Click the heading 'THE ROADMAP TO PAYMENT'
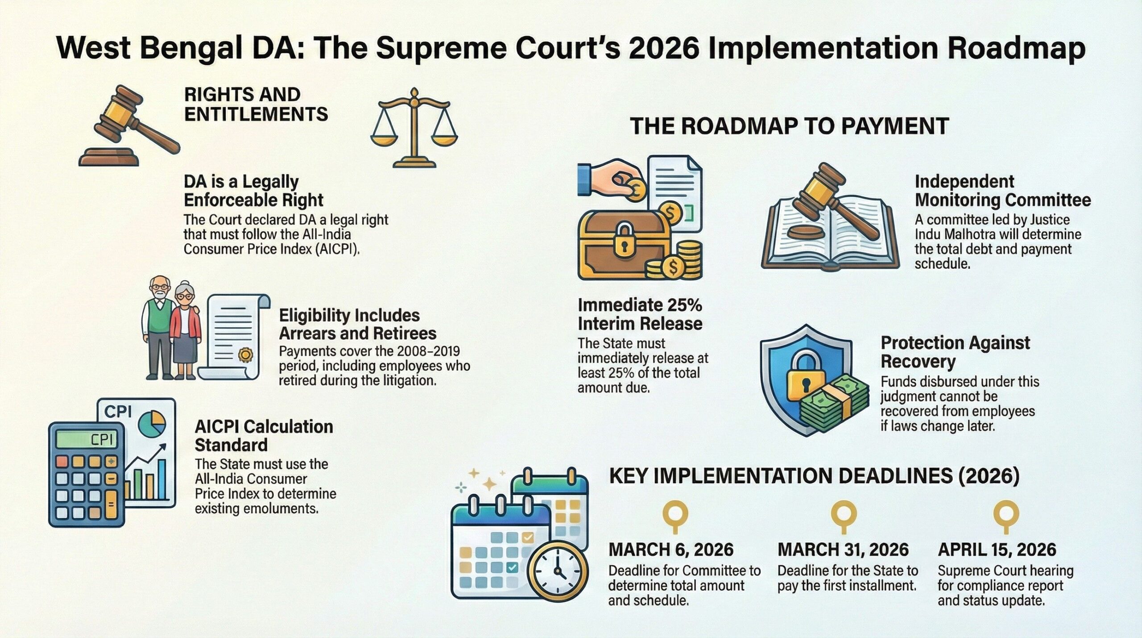pyautogui.click(x=789, y=126)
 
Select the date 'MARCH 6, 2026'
pyautogui.click(x=671, y=550)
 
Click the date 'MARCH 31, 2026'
pyautogui.click(x=843, y=550)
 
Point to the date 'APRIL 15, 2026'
pyautogui.click(x=997, y=550)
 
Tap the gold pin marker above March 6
pyautogui.click(x=676, y=517)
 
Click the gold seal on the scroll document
pyautogui.click(x=245, y=355)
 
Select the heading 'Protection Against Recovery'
pyautogui.click(x=955, y=352)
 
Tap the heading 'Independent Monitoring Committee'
pyautogui.click(x=1003, y=191)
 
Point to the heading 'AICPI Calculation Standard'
pyautogui.click(x=264, y=436)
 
